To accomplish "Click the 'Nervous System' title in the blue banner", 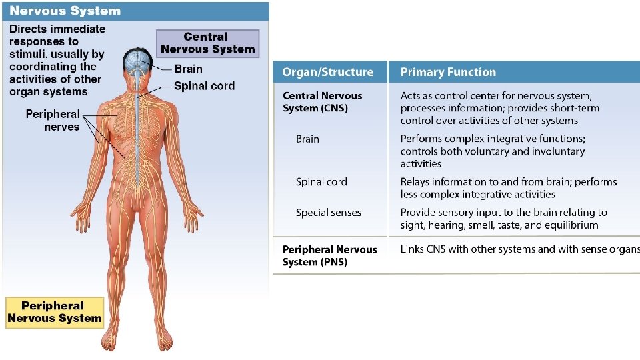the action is pyautogui.click(x=65, y=11).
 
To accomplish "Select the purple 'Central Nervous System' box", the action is pyautogui.click(x=208, y=43).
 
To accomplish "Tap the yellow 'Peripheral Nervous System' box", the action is pyautogui.click(x=54, y=313).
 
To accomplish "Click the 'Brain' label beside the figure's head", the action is pyautogui.click(x=188, y=69).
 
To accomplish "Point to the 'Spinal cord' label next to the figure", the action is pyautogui.click(x=204, y=86).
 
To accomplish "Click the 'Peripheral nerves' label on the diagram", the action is pyautogui.click(x=53, y=121).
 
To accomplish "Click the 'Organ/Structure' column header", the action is pyautogui.click(x=328, y=72).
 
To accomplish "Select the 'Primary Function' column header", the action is pyautogui.click(x=448, y=72).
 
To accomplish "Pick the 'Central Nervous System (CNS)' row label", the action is pyautogui.click(x=323, y=102).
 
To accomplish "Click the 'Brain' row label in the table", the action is pyautogui.click(x=307, y=139).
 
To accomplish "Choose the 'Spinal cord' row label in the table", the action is pyautogui.click(x=321, y=182).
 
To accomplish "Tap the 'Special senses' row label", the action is pyautogui.click(x=329, y=213).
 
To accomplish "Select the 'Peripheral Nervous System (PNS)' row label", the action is pyautogui.click(x=330, y=255).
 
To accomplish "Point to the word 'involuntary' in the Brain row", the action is pyautogui.click(x=561, y=151).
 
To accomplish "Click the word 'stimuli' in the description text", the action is pyautogui.click(x=27, y=54).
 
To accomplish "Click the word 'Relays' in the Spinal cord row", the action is pyautogui.click(x=414, y=182).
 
